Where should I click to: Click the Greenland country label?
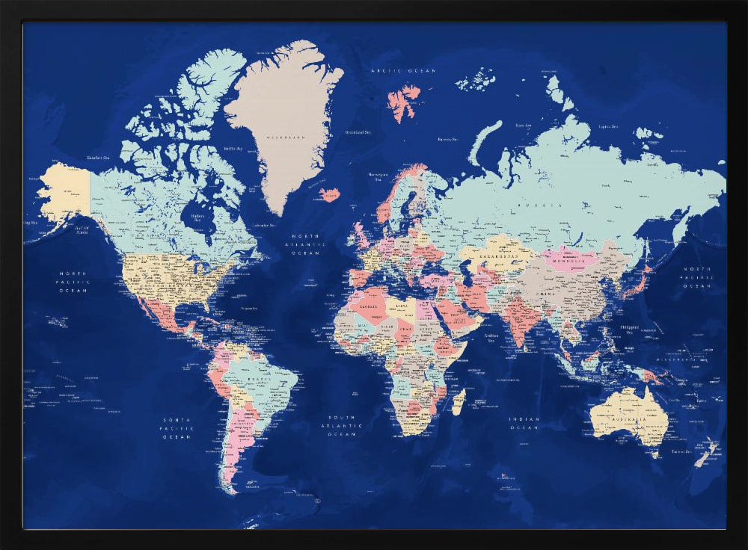click(x=286, y=138)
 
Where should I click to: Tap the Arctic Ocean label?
click(x=403, y=70)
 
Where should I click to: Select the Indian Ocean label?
click(x=524, y=424)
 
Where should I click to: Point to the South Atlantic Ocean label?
click(x=343, y=425)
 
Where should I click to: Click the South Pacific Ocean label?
click(x=178, y=428)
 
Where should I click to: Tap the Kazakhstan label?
click(x=495, y=256)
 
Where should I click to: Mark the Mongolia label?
click(x=570, y=260)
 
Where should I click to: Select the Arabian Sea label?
click(x=492, y=337)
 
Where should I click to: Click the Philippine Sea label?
click(x=630, y=330)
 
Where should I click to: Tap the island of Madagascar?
click(x=459, y=401)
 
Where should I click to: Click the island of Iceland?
click(x=329, y=195)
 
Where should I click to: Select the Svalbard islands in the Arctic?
click(x=404, y=101)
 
